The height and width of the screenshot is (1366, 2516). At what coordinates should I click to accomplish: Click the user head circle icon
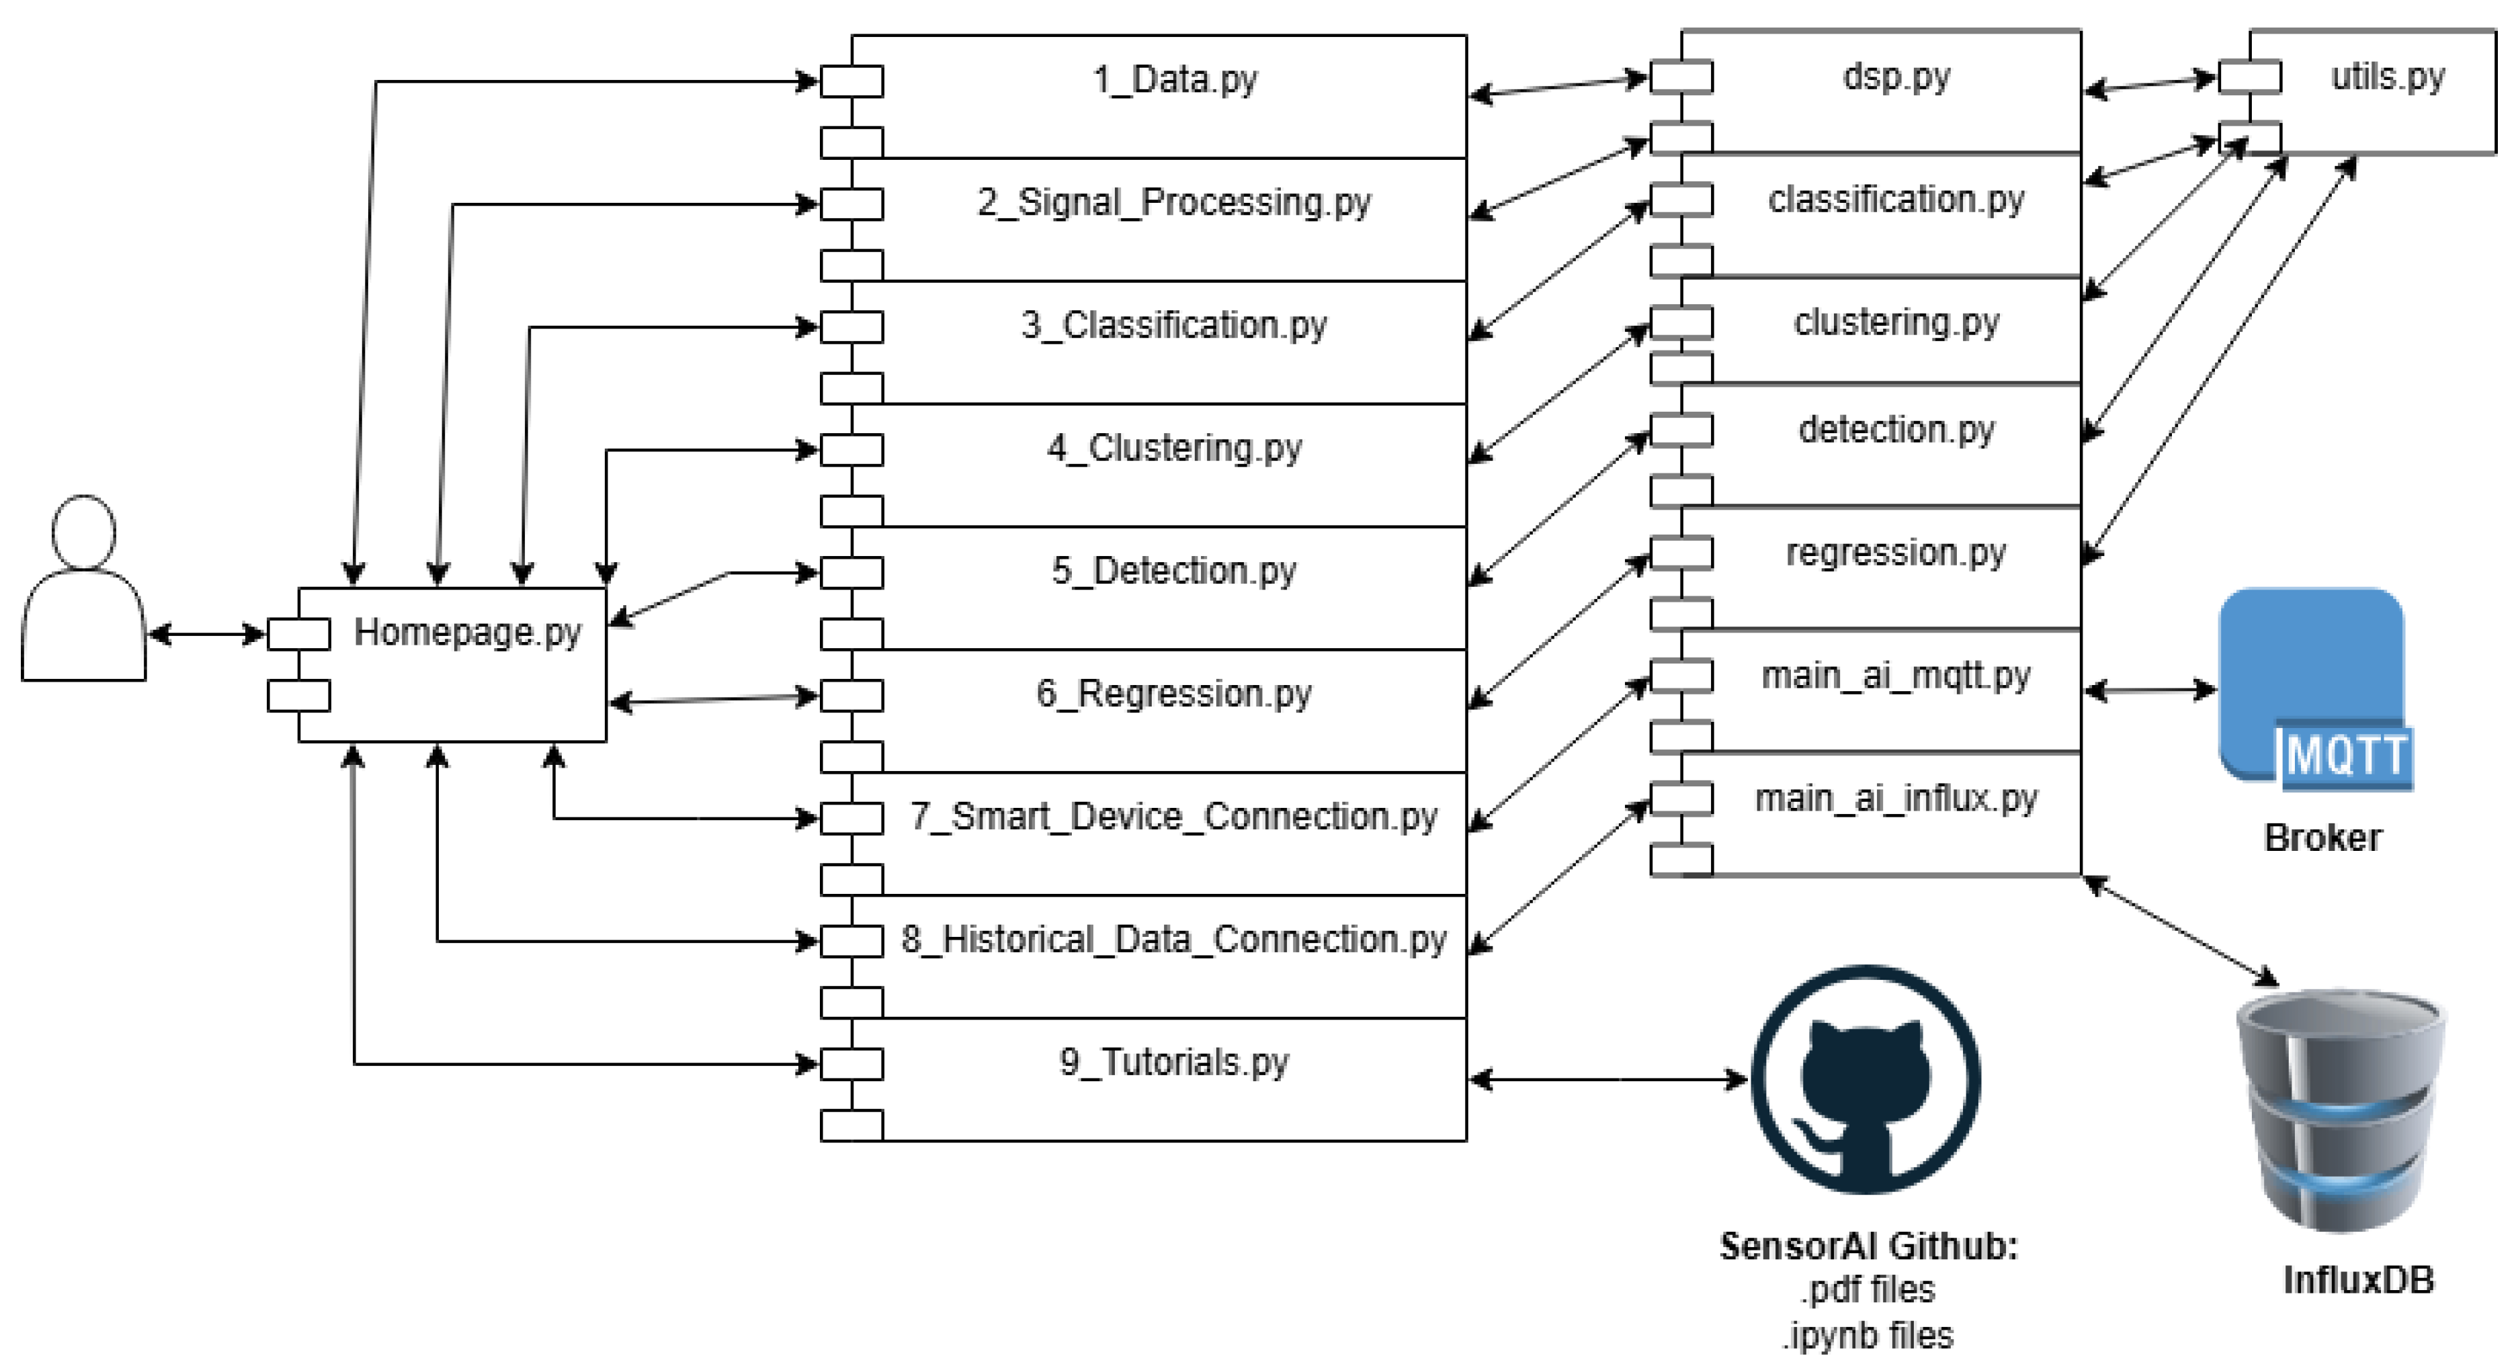pyautogui.click(x=84, y=532)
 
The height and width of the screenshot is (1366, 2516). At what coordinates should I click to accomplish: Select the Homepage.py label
pyautogui.click(x=467, y=633)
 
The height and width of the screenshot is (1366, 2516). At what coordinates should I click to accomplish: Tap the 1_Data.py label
pyautogui.click(x=1174, y=80)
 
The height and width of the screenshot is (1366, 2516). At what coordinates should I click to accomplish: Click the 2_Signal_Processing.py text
pyautogui.click(x=1174, y=203)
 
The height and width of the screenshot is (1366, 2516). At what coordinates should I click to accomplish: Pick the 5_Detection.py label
pyautogui.click(x=1174, y=572)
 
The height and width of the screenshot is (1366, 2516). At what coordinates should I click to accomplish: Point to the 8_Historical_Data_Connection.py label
pyautogui.click(x=1174, y=940)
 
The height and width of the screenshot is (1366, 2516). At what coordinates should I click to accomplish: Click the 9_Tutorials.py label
pyautogui.click(x=1174, y=1062)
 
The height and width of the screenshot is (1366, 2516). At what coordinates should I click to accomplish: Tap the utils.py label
pyautogui.click(x=2388, y=76)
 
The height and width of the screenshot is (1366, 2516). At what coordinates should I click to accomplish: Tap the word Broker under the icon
pyautogui.click(x=2322, y=837)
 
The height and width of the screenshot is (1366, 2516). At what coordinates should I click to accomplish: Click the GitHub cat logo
pyautogui.click(x=1865, y=1080)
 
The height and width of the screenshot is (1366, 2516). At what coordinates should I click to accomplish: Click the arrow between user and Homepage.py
pyautogui.click(x=206, y=635)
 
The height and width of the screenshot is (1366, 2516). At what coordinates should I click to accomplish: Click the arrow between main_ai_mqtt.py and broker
pyautogui.click(x=2150, y=690)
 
